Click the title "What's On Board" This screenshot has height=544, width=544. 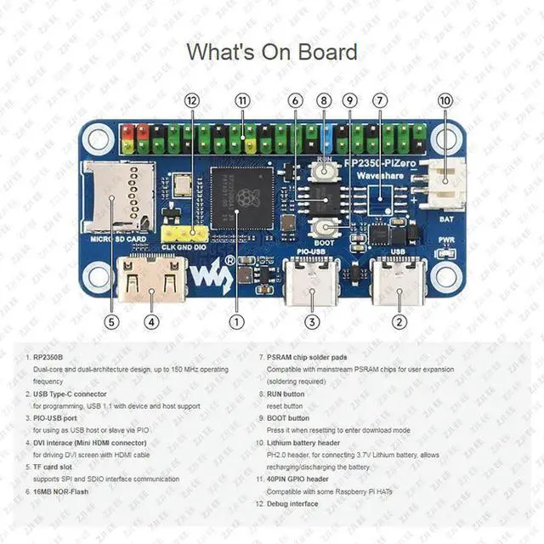(x=272, y=52)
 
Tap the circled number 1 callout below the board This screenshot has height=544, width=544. (x=237, y=322)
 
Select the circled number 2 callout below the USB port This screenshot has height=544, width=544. (x=399, y=322)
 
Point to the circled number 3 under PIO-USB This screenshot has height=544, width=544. (x=313, y=322)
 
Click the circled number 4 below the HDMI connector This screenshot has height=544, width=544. (x=150, y=322)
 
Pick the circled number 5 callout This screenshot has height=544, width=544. (x=111, y=322)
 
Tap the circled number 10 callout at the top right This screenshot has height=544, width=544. (x=445, y=100)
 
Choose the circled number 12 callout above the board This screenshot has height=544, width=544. (x=191, y=100)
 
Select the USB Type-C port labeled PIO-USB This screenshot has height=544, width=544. (x=311, y=282)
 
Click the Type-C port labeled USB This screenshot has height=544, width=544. (x=399, y=282)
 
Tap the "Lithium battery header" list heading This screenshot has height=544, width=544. (x=303, y=443)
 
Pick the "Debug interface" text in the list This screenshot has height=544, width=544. (x=292, y=504)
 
